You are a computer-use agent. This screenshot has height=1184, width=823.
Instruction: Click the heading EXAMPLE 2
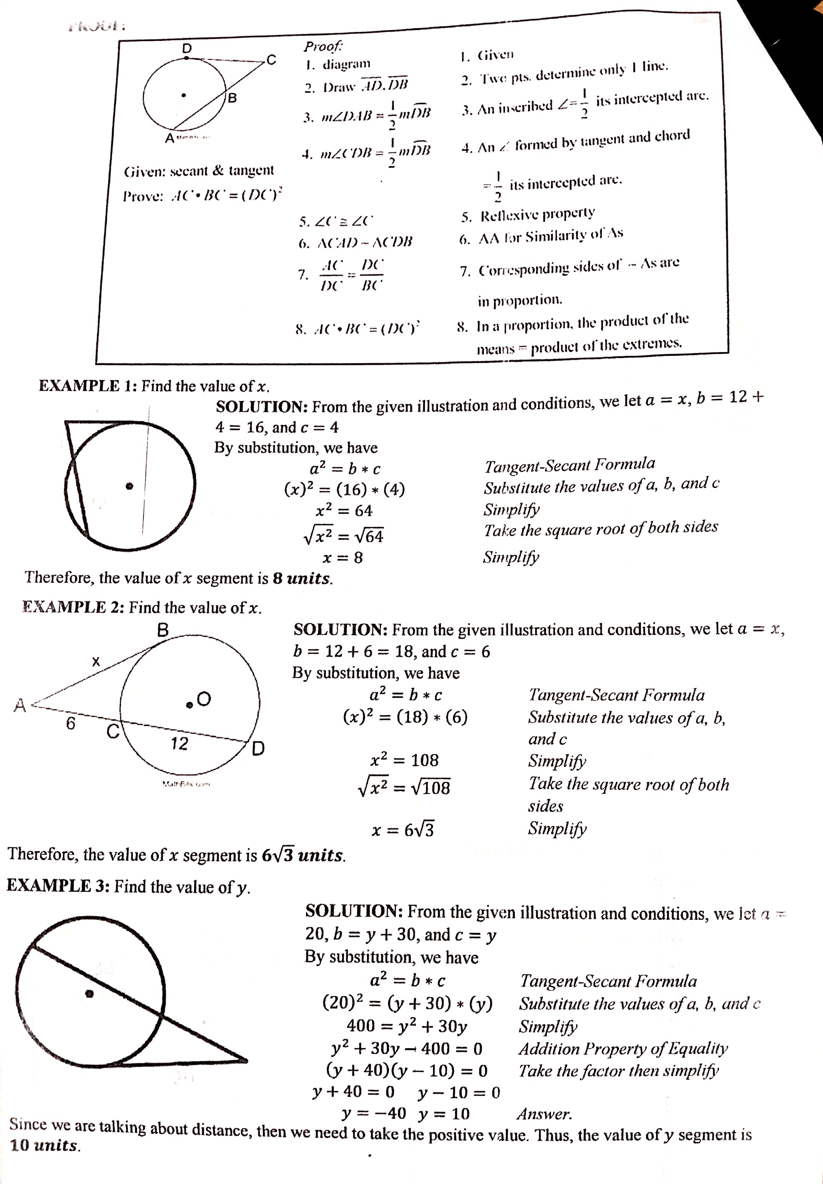[x=73, y=607]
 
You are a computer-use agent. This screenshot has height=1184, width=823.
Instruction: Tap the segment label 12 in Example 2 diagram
[x=179, y=743]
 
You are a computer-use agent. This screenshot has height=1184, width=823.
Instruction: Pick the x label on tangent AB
[x=96, y=661]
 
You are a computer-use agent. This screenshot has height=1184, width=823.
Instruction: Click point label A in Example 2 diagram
[x=20, y=705]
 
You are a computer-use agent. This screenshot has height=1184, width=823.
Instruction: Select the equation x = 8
[x=342, y=557]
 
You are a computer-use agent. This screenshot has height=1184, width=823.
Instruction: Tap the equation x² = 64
[x=344, y=510]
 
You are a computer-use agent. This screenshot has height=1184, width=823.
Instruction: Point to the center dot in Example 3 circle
[x=89, y=993]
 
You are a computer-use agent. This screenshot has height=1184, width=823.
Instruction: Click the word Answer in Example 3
[x=544, y=1114]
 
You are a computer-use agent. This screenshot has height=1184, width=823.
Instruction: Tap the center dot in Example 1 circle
[x=130, y=485]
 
